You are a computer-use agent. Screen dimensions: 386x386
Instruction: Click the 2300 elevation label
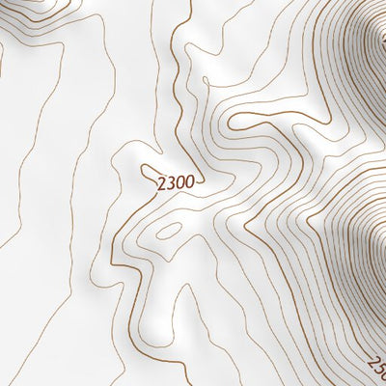[177, 180]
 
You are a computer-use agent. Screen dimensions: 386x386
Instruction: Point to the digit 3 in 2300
[173, 180]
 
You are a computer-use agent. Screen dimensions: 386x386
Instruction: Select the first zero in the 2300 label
[181, 180]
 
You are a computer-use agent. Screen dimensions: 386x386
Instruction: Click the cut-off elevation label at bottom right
[376, 368]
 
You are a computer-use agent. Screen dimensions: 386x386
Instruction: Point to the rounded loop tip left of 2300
[142, 172]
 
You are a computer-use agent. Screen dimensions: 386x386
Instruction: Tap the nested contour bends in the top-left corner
[29, 19]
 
